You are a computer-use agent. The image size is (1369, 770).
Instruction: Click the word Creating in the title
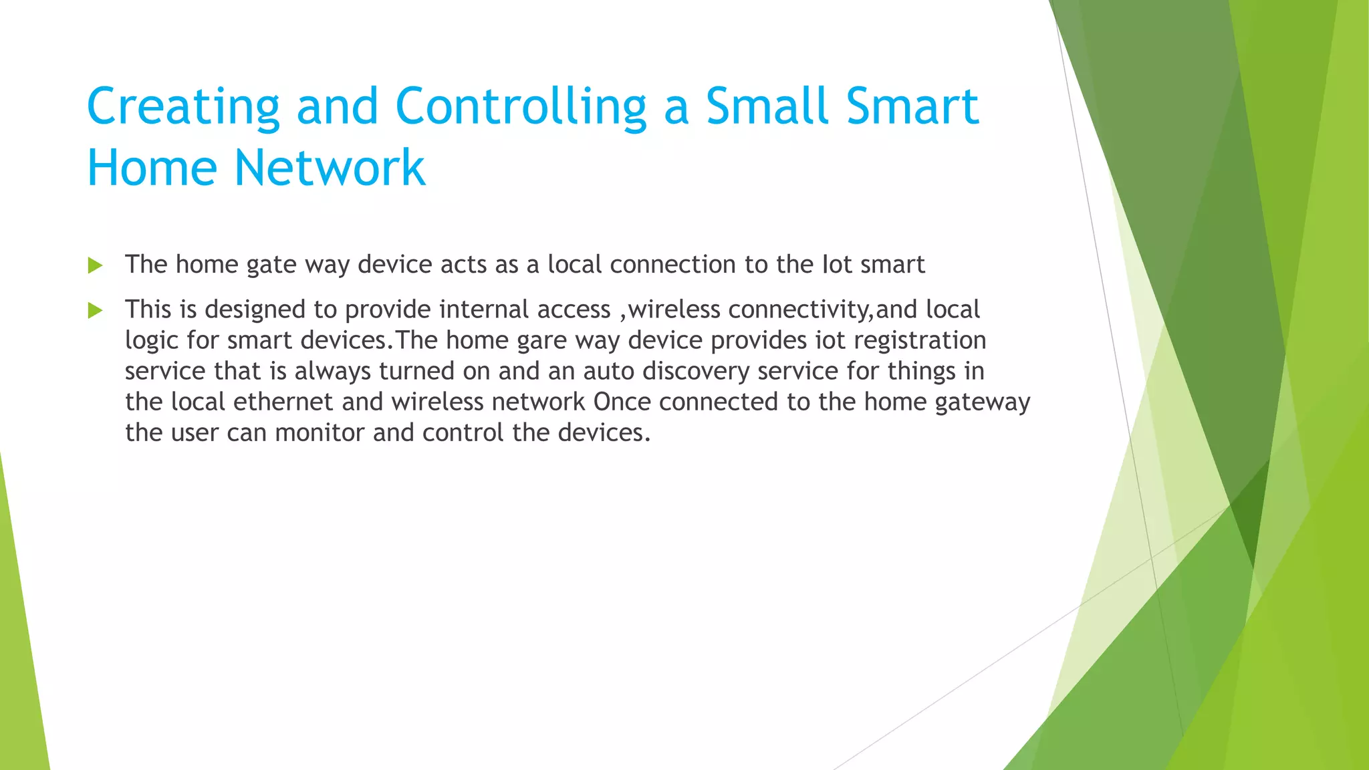pos(182,107)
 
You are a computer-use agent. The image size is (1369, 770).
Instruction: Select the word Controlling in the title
pos(521,107)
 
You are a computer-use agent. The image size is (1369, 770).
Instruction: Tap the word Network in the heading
pos(330,168)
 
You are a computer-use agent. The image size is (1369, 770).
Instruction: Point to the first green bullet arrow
pos(95,265)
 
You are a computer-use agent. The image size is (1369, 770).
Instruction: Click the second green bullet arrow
pos(95,310)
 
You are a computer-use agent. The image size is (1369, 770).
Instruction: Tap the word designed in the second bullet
pos(255,309)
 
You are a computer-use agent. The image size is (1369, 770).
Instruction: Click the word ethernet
pos(283,402)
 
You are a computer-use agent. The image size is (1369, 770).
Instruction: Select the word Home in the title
pos(152,168)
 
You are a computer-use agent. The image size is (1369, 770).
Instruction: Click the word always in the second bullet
pos(332,372)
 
